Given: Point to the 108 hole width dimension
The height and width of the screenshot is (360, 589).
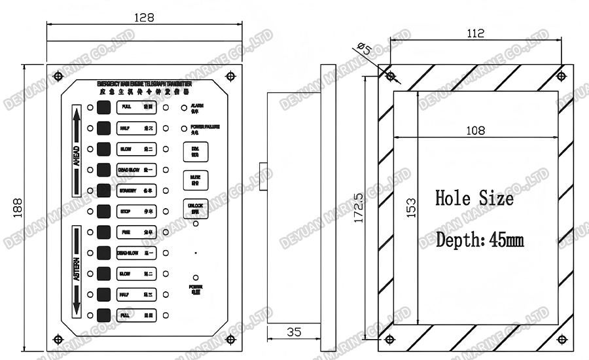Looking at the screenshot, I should pyautogui.click(x=475, y=130).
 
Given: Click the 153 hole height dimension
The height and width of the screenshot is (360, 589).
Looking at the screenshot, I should pyautogui.click(x=410, y=209).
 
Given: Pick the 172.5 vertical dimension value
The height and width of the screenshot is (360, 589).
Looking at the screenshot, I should pyautogui.click(x=359, y=208).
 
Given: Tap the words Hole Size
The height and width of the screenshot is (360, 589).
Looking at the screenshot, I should pyautogui.click(x=474, y=198).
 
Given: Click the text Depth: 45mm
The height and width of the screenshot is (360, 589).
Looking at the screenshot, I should pyautogui.click(x=480, y=240).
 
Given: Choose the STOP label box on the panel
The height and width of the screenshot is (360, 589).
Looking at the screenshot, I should pyautogui.click(x=135, y=211).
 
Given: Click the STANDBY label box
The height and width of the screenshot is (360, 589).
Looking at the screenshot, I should pyautogui.click(x=135, y=190).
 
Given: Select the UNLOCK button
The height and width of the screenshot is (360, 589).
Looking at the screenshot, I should pyautogui.click(x=195, y=208).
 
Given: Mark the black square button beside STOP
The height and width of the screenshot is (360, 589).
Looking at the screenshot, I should pyautogui.click(x=103, y=211).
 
